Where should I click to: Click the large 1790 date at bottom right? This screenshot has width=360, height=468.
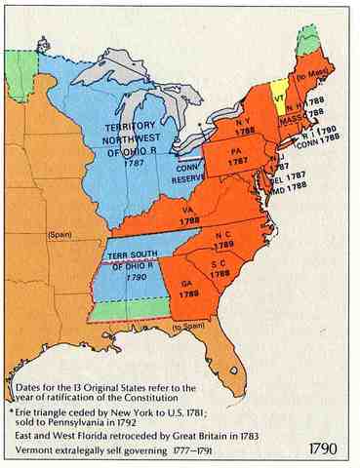(324, 451)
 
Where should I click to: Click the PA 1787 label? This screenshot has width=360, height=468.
(239, 156)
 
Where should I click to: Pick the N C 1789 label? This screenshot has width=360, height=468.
(224, 241)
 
